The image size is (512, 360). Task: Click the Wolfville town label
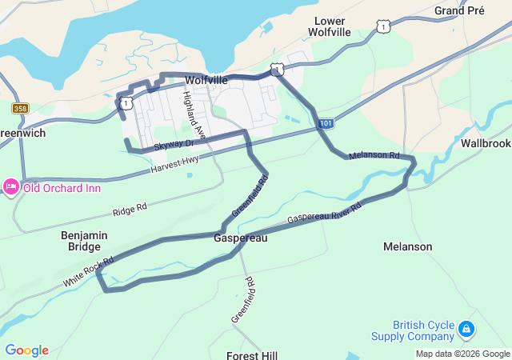tap(206, 81)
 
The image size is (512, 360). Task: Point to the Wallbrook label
tap(486, 143)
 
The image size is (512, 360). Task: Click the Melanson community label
tap(407, 246)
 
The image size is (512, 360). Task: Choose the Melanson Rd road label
tap(374, 154)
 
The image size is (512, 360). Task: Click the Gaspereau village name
tap(240, 238)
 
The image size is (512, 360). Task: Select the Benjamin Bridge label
tap(84, 242)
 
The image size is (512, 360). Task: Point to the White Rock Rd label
tap(88, 272)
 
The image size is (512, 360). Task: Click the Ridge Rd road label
tap(130, 210)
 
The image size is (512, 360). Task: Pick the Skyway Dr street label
tap(174, 144)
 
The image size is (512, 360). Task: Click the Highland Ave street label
tap(194, 114)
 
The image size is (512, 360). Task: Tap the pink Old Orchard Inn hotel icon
tap(10, 187)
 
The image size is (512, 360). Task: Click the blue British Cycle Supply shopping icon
tap(466, 329)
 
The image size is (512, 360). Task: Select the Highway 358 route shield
tap(20, 108)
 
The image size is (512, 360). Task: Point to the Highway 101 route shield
tap(325, 124)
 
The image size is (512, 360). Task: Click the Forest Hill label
tap(251, 354)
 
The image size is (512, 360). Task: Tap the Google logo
tap(26, 350)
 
